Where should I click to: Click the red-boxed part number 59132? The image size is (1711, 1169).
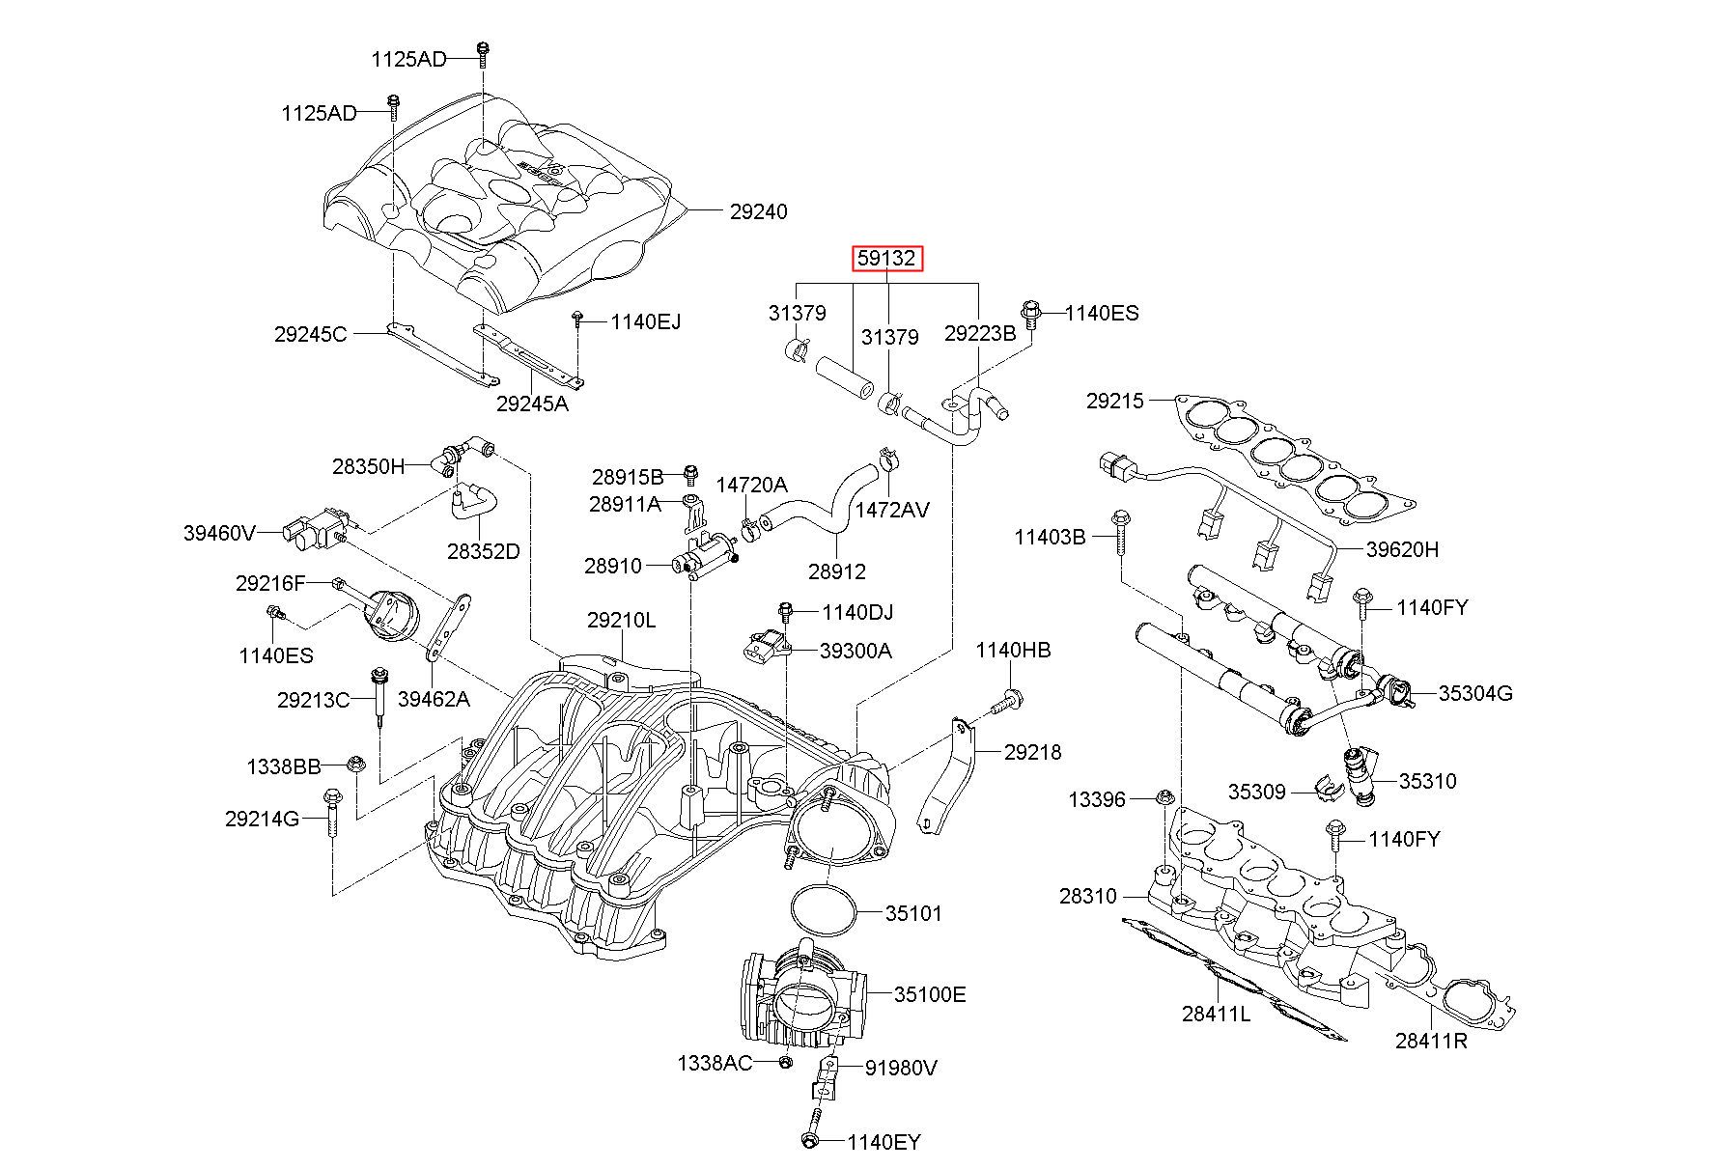[887, 259]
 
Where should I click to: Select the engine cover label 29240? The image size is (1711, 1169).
[758, 211]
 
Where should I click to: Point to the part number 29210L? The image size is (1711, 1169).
[621, 620]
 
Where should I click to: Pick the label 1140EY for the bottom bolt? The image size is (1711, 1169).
[884, 1142]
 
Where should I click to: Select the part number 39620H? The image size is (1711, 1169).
[1402, 549]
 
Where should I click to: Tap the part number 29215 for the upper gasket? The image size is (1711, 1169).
[1114, 400]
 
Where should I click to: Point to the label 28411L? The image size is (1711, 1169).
[1216, 1014]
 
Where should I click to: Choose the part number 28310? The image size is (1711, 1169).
[1087, 896]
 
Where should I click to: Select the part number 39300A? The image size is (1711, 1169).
[855, 651]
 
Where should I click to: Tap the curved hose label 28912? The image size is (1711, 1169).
[837, 571]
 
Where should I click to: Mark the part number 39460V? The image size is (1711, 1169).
[220, 532]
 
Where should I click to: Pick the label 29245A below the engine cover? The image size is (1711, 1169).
[532, 404]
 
